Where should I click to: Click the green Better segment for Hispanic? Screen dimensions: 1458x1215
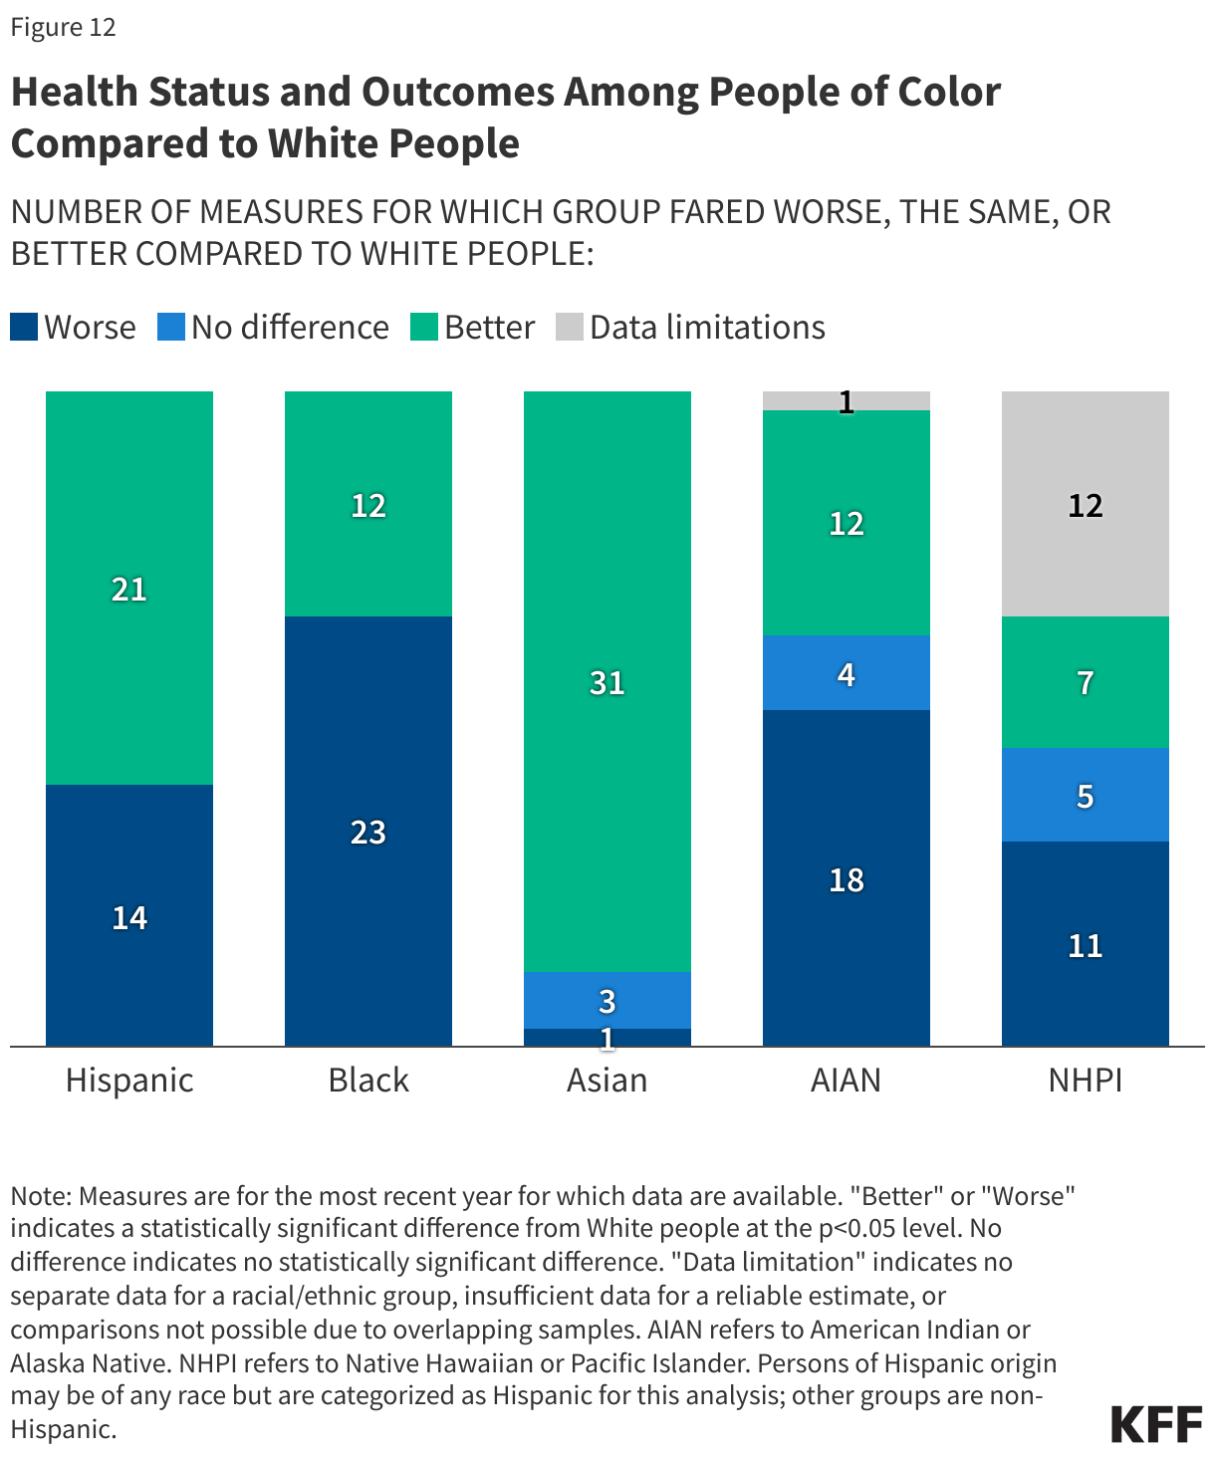pyautogui.click(x=129, y=588)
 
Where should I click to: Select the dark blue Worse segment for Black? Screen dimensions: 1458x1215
pyautogui.click(x=368, y=831)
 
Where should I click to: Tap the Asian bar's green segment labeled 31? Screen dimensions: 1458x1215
pyautogui.click(x=607, y=681)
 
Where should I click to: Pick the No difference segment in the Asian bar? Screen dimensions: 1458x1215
pyautogui.click(x=607, y=1000)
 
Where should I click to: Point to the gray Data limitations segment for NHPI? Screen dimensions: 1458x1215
pyautogui.click(x=1085, y=504)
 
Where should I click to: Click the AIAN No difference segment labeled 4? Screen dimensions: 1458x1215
pyautogui.click(x=846, y=673)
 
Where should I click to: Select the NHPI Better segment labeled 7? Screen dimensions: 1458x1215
pyautogui.click(x=1085, y=682)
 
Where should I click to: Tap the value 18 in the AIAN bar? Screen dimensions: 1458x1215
pyautogui.click(x=846, y=880)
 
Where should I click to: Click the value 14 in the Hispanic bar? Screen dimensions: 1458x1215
pyautogui.click(x=129, y=917)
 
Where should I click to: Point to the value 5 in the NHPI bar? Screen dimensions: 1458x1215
pyautogui.click(x=1085, y=796)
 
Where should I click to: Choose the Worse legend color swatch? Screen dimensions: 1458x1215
pyautogui.click(x=24, y=328)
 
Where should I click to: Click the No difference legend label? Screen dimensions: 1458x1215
pyautogui.click(x=290, y=328)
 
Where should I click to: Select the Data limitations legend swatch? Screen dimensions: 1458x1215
pyautogui.click(x=569, y=328)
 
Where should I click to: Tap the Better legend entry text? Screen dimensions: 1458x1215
pyautogui.click(x=489, y=328)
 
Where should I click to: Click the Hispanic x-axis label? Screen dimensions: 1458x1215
pyautogui.click(x=129, y=1081)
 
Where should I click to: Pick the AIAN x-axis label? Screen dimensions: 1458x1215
pyautogui.click(x=846, y=1081)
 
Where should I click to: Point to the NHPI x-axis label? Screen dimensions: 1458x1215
pyautogui.click(x=1085, y=1081)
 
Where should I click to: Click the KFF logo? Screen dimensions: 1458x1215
pyautogui.click(x=1156, y=1425)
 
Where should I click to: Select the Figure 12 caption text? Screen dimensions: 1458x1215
pyautogui.click(x=64, y=27)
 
